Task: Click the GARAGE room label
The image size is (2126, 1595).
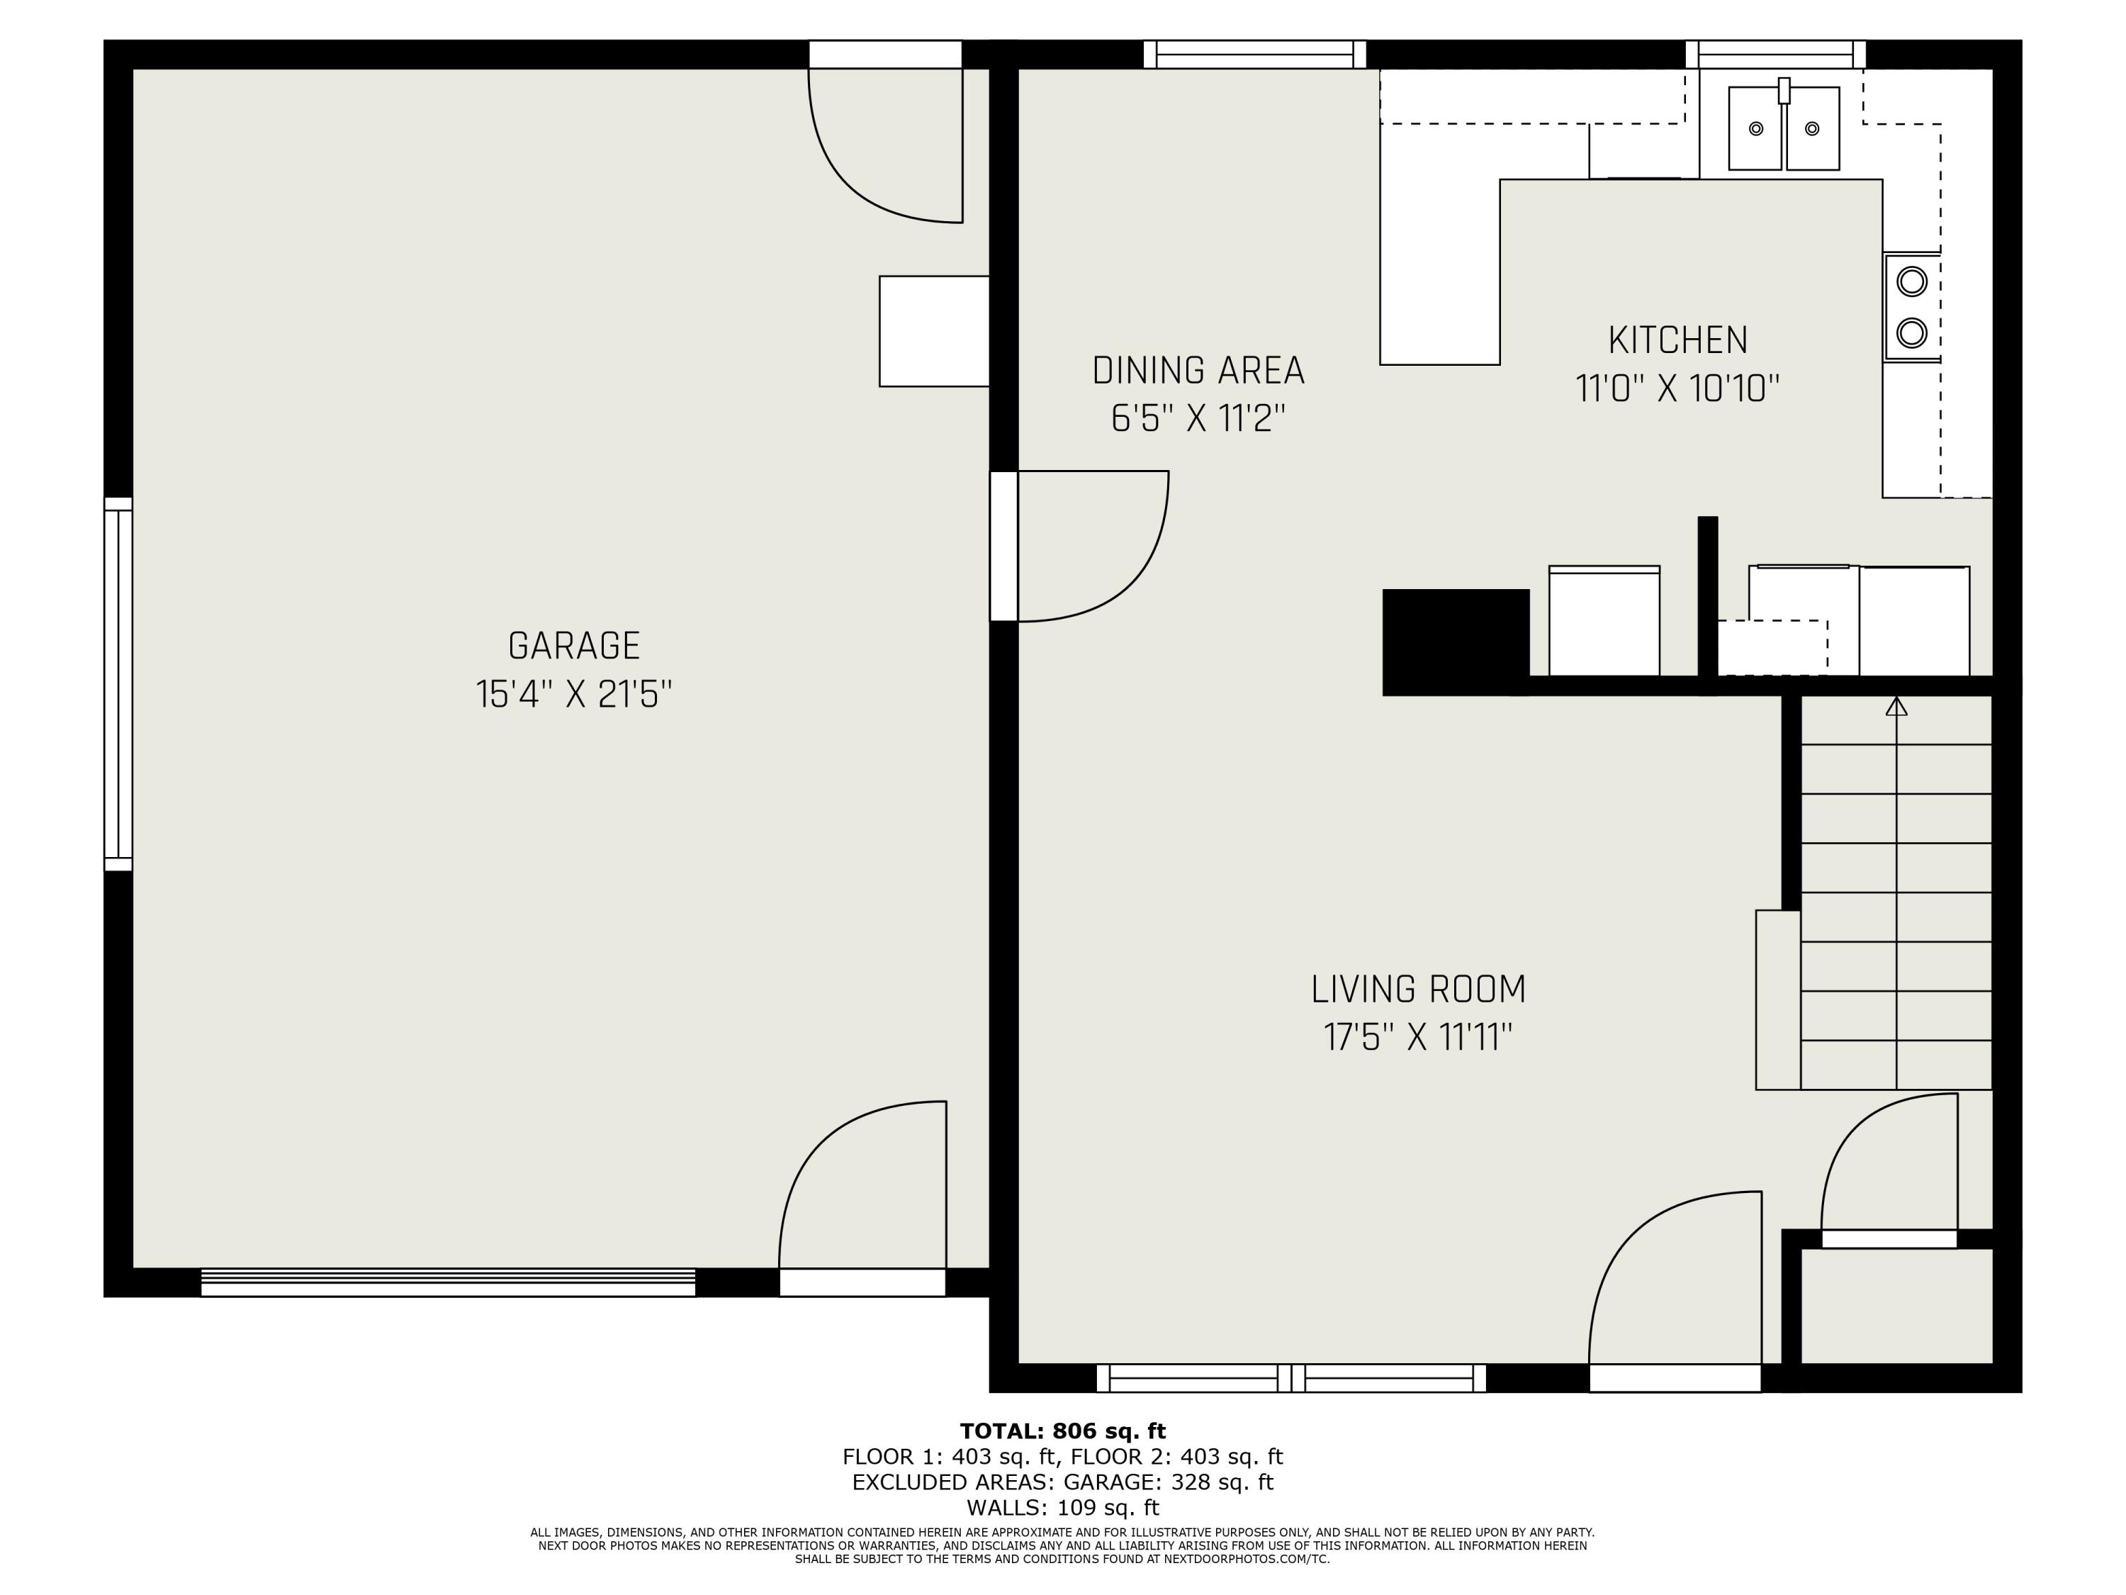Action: pos(574,645)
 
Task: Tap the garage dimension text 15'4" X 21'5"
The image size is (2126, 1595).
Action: pos(574,694)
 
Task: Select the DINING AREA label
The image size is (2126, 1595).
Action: pos(1198,370)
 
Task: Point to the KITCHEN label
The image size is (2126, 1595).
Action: pos(1677,340)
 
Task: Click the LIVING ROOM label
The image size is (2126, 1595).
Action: pos(1417,990)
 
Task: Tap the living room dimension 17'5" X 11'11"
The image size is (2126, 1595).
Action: pos(1417,1039)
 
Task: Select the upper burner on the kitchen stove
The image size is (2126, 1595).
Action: pos(1912,281)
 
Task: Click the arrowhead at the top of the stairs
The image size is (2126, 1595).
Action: pos(1896,707)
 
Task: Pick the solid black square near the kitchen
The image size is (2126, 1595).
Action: pos(1455,642)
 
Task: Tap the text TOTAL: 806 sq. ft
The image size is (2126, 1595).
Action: pos(1062,1431)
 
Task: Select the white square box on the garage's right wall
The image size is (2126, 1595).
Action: pos(933,332)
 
